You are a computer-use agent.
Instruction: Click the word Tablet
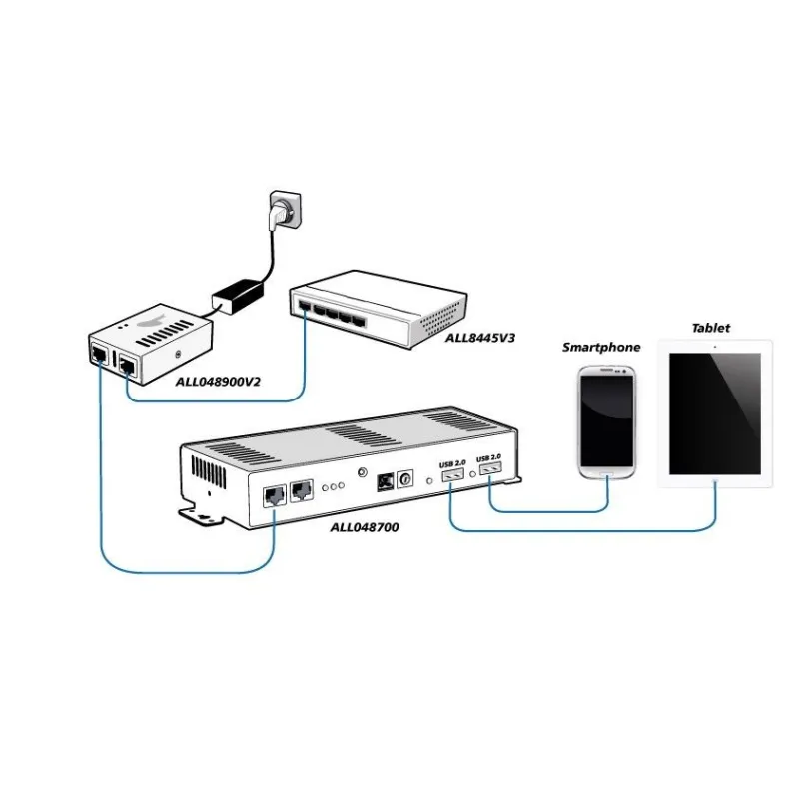pos(710,328)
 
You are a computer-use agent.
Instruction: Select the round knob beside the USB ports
pos(405,480)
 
